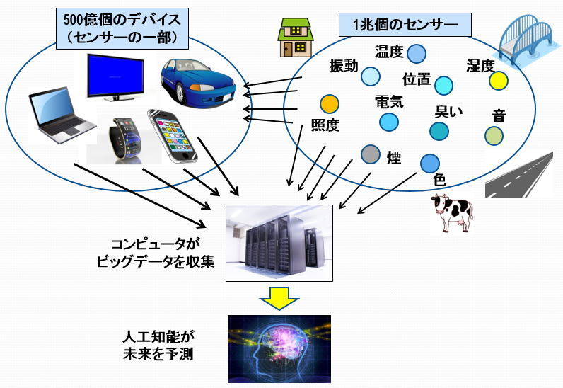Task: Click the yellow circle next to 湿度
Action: (499, 80)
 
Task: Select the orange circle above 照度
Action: (330, 105)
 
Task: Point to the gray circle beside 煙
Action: (369, 153)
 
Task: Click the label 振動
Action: (344, 66)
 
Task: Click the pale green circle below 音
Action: (494, 135)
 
